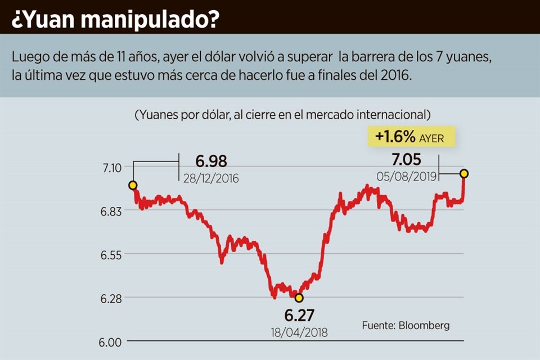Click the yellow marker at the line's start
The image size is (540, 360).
pyautogui.click(x=133, y=185)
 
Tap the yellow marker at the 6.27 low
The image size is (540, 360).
pyautogui.click(x=299, y=298)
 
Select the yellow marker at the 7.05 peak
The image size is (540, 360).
pyautogui.click(x=464, y=173)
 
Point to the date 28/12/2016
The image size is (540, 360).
pyautogui.click(x=211, y=178)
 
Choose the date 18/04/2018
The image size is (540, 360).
pyautogui.click(x=299, y=332)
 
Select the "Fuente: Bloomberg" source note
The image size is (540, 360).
pyautogui.click(x=406, y=325)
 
